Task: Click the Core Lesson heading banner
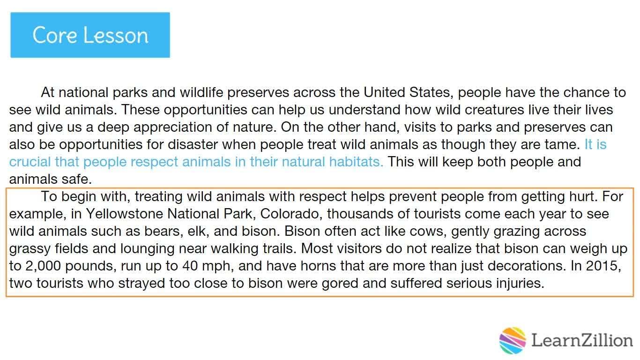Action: [90, 35]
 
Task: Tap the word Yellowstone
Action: [124, 214]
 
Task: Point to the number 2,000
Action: [41, 266]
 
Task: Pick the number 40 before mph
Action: [190, 266]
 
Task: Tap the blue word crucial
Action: [30, 162]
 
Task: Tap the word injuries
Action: [520, 284]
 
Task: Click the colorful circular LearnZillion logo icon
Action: [513, 341]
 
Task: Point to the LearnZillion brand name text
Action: [582, 341]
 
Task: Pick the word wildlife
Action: [201, 92]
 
